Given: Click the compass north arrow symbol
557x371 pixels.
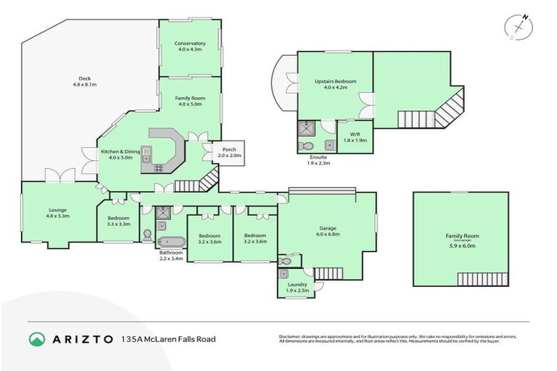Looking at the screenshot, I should pos(518,27).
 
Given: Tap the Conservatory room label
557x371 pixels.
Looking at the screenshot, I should pos(189,46).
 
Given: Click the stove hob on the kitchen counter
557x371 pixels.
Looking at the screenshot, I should pos(158,168).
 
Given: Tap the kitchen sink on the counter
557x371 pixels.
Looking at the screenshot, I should pos(146,154).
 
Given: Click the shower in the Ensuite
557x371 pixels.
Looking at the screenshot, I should pos(305,129).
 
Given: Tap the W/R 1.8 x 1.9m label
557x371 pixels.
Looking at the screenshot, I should pos(355,136).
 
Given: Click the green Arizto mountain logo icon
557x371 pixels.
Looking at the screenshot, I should pos(37,338).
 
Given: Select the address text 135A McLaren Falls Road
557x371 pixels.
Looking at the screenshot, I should pos(168,338).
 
